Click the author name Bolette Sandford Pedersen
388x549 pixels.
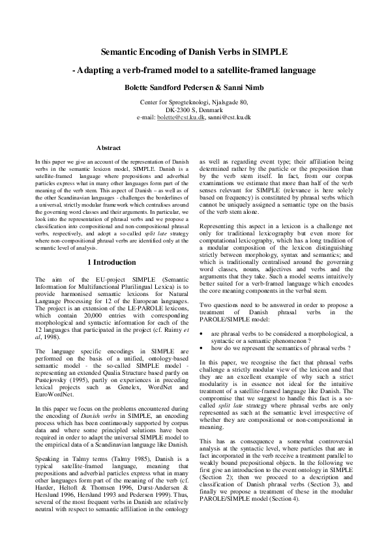pyautogui.click(x=168, y=87)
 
